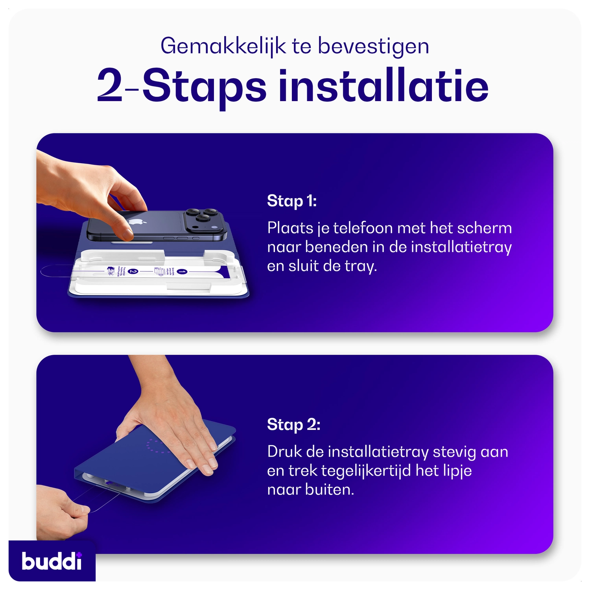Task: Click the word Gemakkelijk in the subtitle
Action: [223, 46]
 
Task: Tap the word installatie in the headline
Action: [383, 86]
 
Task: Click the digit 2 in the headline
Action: [109, 86]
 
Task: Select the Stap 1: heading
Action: [291, 201]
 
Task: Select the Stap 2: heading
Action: [293, 425]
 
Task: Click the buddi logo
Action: [52, 561]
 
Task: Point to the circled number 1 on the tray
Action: [182, 271]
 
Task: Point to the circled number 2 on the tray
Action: [133, 271]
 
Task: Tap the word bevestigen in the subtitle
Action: [373, 46]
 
